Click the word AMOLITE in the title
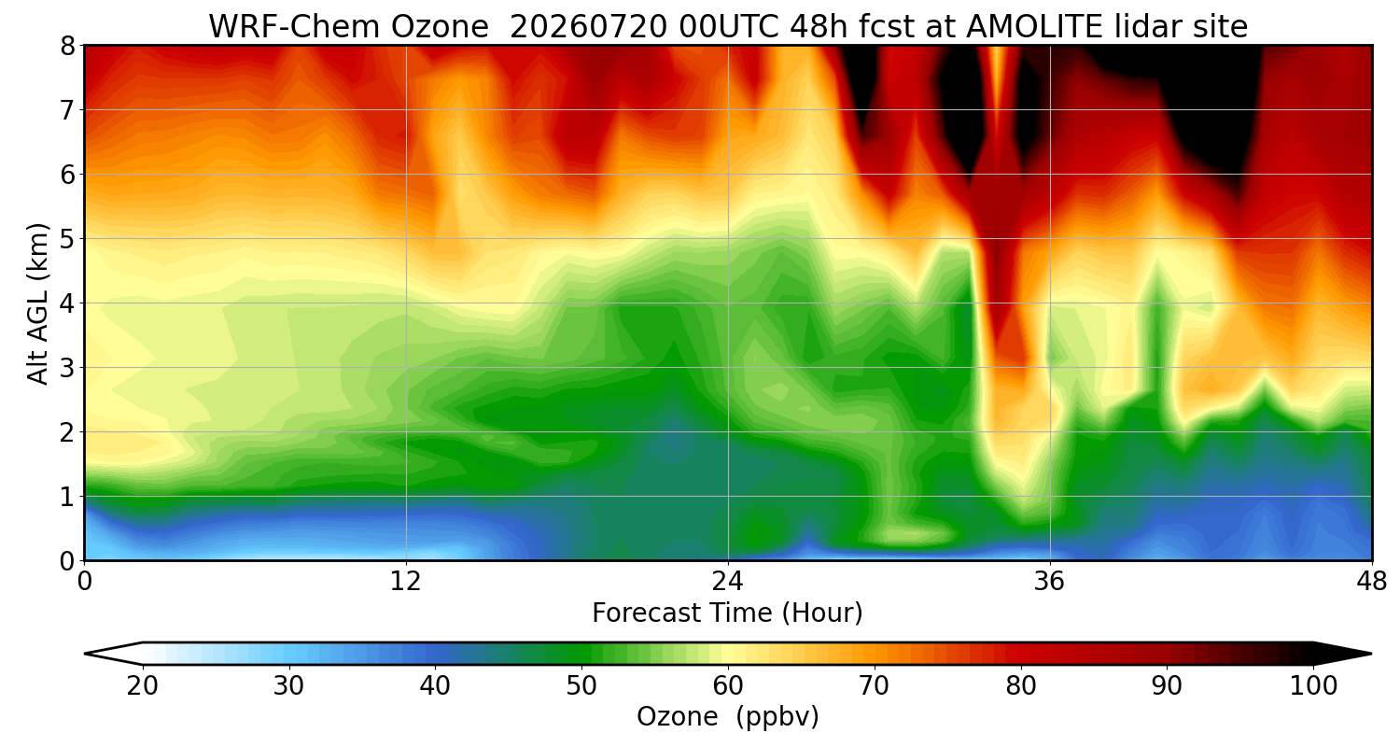tap(1034, 27)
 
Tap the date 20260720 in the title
tap(589, 27)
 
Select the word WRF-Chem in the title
tap(291, 27)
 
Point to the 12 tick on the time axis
tap(406, 582)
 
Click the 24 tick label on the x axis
tap(728, 582)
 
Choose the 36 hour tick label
tap(1049, 582)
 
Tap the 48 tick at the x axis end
tap(1372, 582)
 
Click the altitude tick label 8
tap(67, 46)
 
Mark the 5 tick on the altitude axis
tap(67, 239)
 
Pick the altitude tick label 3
tap(67, 368)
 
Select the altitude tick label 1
tap(67, 497)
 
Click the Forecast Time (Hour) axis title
tap(727, 613)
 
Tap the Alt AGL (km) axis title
tap(37, 303)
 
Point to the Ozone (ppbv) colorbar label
tap(727, 717)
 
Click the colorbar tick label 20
tap(143, 686)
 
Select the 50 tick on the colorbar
tap(581, 686)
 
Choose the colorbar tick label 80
tap(1021, 686)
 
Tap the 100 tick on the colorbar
tap(1314, 686)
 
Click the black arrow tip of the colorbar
tap(1371, 654)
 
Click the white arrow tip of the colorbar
tap(86, 654)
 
